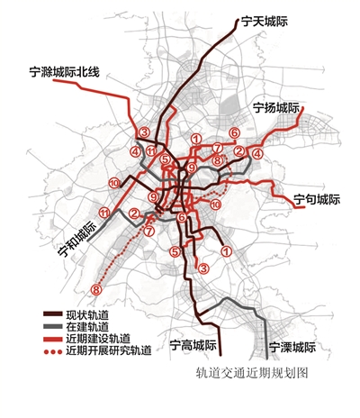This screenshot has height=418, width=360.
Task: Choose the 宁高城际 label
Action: tap(194, 346)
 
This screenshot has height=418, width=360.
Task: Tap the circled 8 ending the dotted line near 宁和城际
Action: tap(96, 290)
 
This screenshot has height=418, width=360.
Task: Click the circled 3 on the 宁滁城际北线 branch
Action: tap(144, 134)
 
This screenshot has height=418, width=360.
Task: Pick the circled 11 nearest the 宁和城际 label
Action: tap(104, 213)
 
